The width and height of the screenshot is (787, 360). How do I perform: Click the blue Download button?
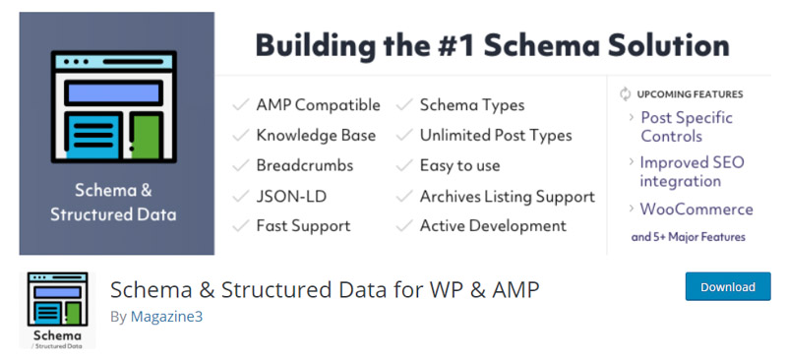pyautogui.click(x=728, y=287)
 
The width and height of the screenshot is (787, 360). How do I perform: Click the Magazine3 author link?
pyautogui.click(x=166, y=317)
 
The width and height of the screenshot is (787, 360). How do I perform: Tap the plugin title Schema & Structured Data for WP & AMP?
pyautogui.click(x=325, y=289)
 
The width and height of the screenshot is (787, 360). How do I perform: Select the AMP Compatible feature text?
pyautogui.click(x=318, y=104)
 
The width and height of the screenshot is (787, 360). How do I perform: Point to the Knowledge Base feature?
pyautogui.click(x=316, y=135)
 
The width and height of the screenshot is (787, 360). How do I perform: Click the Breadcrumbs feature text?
pyautogui.click(x=304, y=165)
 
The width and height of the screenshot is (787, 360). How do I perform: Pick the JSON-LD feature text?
pyautogui.click(x=291, y=196)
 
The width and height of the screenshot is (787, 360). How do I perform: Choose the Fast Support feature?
pyautogui.click(x=303, y=225)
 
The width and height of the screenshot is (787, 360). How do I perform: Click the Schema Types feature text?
pyautogui.click(x=472, y=104)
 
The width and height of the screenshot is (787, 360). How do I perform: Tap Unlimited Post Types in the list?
pyautogui.click(x=496, y=135)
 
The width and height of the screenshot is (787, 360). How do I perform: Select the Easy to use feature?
pyautogui.click(x=459, y=165)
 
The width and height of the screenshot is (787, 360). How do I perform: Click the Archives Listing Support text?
pyautogui.click(x=507, y=196)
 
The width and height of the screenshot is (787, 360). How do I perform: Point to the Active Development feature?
pyautogui.click(x=493, y=225)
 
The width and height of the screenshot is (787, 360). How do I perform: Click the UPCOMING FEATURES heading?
pyautogui.click(x=690, y=94)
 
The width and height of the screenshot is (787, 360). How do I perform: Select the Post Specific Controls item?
pyautogui.click(x=686, y=127)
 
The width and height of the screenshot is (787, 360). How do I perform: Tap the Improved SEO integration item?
pyautogui.click(x=692, y=171)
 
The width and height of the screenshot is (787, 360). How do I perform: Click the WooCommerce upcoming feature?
pyautogui.click(x=696, y=209)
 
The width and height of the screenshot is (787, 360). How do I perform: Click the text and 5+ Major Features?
pyautogui.click(x=688, y=237)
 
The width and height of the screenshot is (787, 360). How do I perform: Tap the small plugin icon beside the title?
pyautogui.click(x=58, y=310)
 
